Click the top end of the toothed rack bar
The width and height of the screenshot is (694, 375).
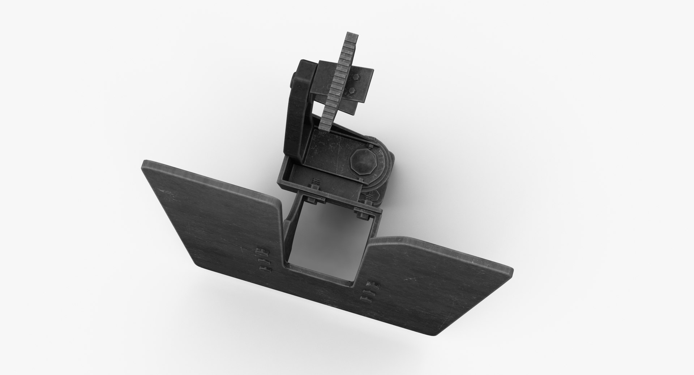pyautogui.click(x=352, y=36)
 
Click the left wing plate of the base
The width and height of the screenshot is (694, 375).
pyautogui.click(x=213, y=217)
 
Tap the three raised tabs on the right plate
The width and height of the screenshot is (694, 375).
pyautogui.click(x=370, y=292)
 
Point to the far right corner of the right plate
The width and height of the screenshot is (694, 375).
pyautogui.click(x=510, y=271)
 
